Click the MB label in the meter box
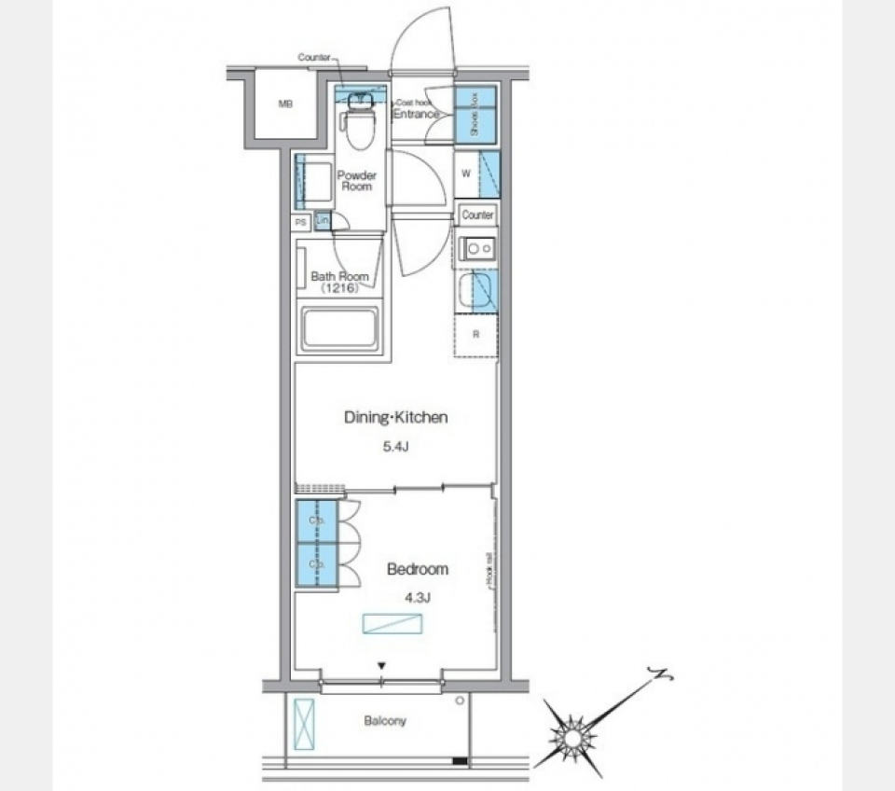(285, 104)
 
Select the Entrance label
(415, 114)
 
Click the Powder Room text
(356, 181)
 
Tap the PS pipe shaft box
(300, 223)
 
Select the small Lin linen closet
(323, 221)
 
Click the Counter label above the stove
(476, 215)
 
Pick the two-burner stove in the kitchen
(476, 248)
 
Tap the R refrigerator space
(475, 334)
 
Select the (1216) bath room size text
(339, 289)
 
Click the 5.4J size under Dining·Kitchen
(395, 447)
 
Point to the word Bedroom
(418, 569)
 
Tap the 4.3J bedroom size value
(417, 598)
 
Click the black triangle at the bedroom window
(381, 665)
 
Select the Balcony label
(386, 721)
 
